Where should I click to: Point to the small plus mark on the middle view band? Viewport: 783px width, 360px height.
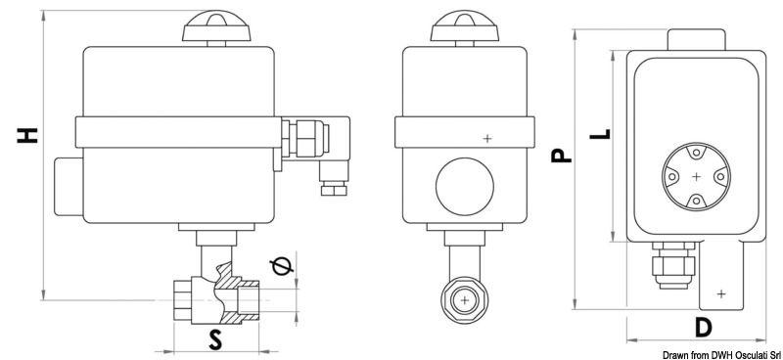click(x=487, y=139)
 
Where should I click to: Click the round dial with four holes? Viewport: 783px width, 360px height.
click(x=695, y=176)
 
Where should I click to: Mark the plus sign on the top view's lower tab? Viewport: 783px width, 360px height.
click(x=721, y=292)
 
